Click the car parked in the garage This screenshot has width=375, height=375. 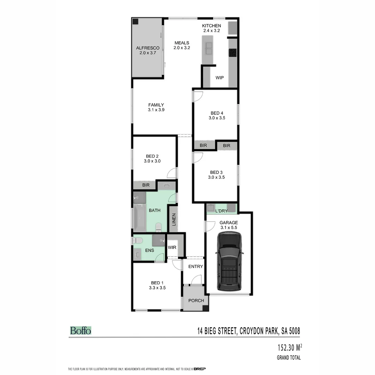(x=229, y=261)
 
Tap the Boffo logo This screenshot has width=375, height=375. (x=81, y=330)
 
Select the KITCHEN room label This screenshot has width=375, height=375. (x=211, y=26)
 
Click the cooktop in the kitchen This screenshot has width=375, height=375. (x=233, y=53)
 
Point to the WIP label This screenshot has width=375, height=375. (x=219, y=78)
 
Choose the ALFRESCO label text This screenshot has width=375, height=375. (x=148, y=48)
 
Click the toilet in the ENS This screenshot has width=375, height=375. (x=139, y=240)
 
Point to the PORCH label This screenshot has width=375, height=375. (x=196, y=300)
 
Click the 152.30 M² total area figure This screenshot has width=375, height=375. (x=286, y=348)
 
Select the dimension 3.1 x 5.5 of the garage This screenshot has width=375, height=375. (x=228, y=227)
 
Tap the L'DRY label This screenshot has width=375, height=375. (x=221, y=211)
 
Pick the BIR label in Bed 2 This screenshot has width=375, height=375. (x=145, y=185)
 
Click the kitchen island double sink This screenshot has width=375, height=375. (x=209, y=49)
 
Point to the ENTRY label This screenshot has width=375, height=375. (x=195, y=266)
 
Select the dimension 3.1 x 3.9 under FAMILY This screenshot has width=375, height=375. (x=156, y=110)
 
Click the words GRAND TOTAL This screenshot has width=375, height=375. (x=289, y=358)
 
